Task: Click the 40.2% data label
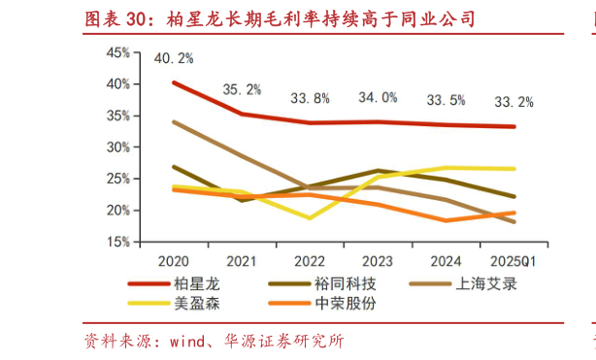[175, 58]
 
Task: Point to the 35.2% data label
[242, 89]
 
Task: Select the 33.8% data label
[311, 98]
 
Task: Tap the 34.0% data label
[378, 97]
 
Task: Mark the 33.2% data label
[513, 101]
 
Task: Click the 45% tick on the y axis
[117, 52]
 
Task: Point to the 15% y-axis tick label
[117, 242]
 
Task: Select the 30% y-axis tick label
[117, 147]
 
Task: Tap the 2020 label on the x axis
[173, 261]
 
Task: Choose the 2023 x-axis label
[377, 261]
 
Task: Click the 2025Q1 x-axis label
[514, 261]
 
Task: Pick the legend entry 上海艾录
[482, 283]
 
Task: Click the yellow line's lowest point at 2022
[310, 217]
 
